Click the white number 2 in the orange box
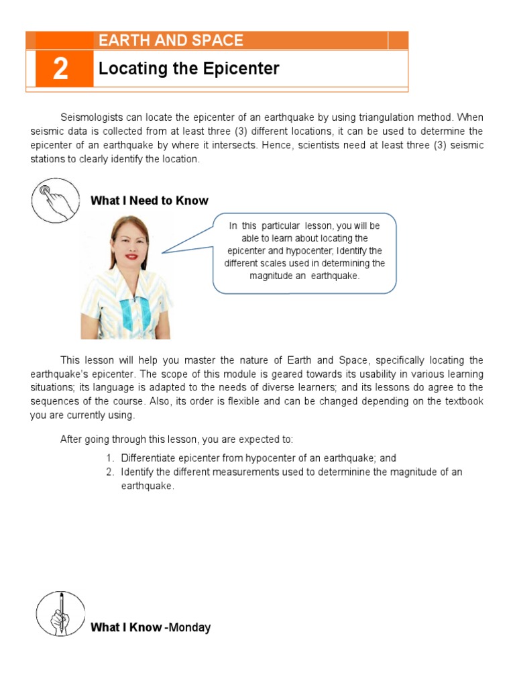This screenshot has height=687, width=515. tap(60, 68)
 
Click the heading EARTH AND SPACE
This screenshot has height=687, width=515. tap(170, 40)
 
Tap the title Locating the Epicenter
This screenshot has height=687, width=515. tap(188, 68)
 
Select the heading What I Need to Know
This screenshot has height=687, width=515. tap(149, 201)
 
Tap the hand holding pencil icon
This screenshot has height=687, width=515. tap(60, 613)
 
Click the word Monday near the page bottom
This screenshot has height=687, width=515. tap(189, 628)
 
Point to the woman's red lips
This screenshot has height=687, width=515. tap(130, 256)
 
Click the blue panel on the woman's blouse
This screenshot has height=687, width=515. tap(133, 312)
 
